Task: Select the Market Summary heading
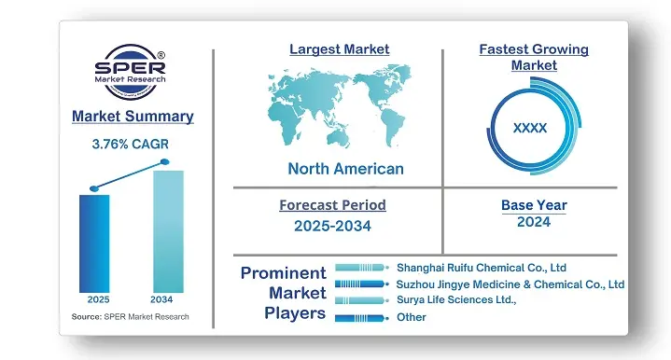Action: tap(133, 117)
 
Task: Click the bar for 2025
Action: tap(94, 242)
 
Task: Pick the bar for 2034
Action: tap(168, 230)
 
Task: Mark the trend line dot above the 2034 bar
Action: tap(165, 162)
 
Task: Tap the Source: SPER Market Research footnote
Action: tap(130, 317)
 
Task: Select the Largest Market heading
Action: tap(339, 48)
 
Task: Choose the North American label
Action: tap(345, 169)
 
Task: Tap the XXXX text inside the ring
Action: tap(530, 127)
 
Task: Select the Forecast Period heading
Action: tap(332, 205)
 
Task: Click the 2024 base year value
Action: tap(533, 222)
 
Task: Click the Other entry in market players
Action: tap(412, 317)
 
